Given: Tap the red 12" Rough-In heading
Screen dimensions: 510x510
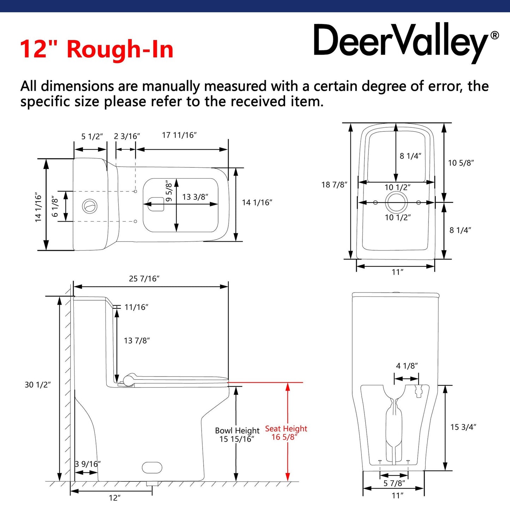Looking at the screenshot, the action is click(97, 49).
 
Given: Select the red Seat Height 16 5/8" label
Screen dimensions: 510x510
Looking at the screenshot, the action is click(286, 433).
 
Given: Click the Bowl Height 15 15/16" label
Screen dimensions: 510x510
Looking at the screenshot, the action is click(237, 435).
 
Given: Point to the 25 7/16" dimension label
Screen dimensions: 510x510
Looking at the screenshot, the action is click(144, 278).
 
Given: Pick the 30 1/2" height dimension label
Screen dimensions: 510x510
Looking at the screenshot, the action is click(37, 385).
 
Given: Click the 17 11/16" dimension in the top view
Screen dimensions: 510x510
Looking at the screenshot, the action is click(179, 135).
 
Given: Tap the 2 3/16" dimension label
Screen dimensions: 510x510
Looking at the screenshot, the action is click(127, 136).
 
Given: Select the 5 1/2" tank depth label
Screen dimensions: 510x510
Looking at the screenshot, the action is click(92, 137).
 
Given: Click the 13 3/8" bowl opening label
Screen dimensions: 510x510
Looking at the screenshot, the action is click(195, 197).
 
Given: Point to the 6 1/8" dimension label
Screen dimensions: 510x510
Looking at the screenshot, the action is click(55, 206).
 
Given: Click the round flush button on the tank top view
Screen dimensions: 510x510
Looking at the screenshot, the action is click(90, 206).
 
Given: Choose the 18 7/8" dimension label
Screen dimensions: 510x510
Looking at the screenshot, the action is click(334, 185).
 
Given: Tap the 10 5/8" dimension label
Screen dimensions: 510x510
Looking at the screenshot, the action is click(461, 163).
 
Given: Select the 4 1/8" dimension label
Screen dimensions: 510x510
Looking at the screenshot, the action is click(407, 366).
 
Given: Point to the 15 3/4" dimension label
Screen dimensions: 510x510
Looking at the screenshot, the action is click(463, 427).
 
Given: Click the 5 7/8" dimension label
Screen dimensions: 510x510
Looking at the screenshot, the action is click(394, 483).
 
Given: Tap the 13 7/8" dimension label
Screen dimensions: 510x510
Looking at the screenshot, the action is click(137, 340).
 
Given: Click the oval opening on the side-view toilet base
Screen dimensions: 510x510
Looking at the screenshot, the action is click(152, 468).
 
